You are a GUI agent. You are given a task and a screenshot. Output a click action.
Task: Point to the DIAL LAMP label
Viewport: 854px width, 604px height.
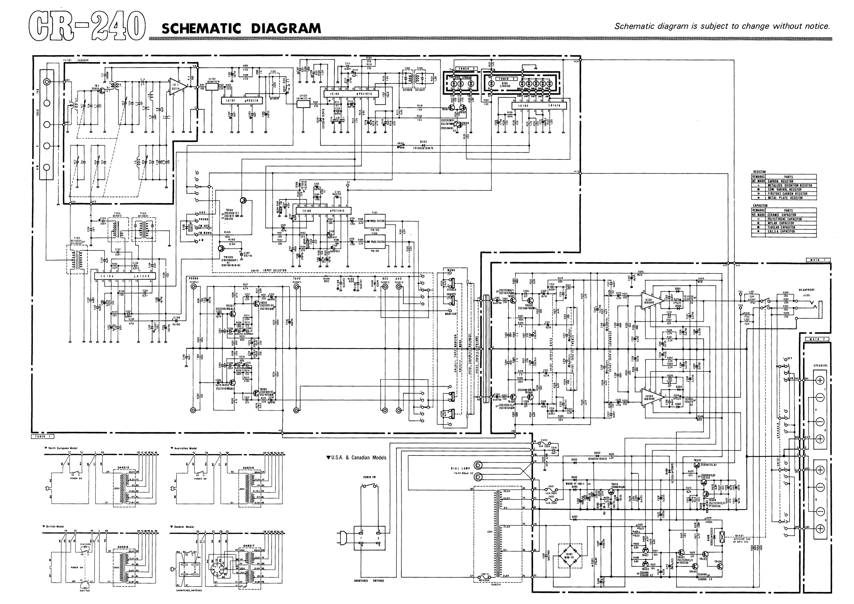coord(460,468)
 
